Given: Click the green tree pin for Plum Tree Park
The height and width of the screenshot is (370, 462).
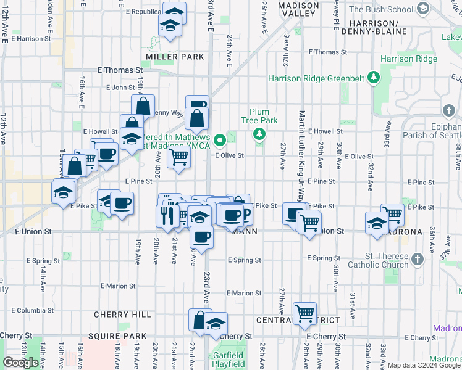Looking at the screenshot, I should pos(260,134).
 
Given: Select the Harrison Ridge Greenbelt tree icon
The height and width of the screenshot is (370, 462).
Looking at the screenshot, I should pos(373,78).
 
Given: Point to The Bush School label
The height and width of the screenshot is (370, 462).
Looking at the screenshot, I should pos(380,9).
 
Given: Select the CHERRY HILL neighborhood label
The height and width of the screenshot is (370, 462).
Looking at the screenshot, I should pos(122,314).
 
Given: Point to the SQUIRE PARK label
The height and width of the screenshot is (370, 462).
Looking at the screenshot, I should pos(117,336).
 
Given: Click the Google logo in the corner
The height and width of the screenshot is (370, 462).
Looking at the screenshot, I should pos(21,363).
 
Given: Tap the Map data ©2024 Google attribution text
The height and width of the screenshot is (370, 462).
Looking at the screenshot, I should pos(424,365).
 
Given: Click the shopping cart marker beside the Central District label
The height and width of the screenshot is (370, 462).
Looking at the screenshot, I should pos(304,313).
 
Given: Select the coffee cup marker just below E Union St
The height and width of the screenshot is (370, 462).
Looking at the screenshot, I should pos(201,236).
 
